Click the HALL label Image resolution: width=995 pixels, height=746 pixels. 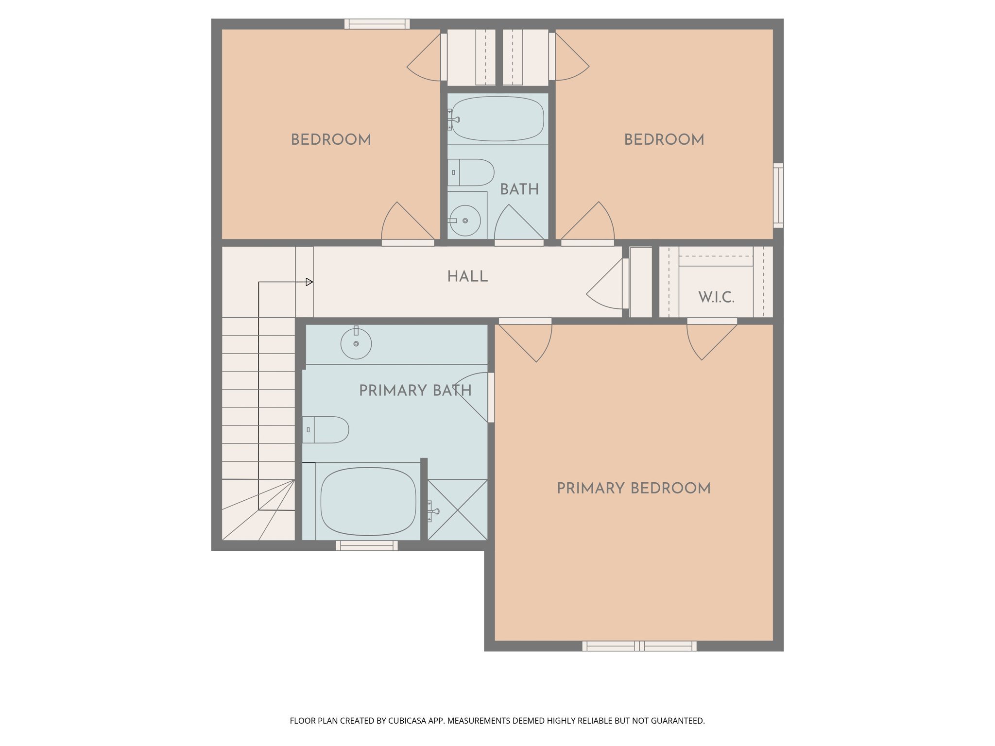pos(467,277)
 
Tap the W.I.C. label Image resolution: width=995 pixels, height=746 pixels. pos(716,297)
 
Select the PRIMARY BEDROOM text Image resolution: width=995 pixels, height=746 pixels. pos(634,489)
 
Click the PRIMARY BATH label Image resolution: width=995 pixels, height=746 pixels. pos(415,390)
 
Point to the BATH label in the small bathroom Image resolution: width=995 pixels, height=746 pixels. pos(519,189)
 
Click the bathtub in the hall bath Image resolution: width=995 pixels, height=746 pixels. pos(497,119)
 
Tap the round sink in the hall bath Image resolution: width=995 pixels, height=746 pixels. pos(465,220)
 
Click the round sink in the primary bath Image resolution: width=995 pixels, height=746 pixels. pos(356,344)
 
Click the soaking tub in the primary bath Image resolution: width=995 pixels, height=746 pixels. pos(368,501)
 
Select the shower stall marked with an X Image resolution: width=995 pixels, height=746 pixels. pos(458,510)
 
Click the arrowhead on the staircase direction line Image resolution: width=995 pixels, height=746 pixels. pos(309,282)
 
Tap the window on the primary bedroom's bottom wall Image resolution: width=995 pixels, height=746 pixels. pos(639,646)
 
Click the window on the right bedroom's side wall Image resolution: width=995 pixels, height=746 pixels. pos(778,195)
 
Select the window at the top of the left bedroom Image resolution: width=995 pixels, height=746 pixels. pos(377,24)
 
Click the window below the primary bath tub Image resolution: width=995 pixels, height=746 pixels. pos(367,546)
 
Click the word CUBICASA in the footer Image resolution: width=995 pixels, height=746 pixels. pos(407,721)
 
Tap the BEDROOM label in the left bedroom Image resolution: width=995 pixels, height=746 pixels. pos(331,140)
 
